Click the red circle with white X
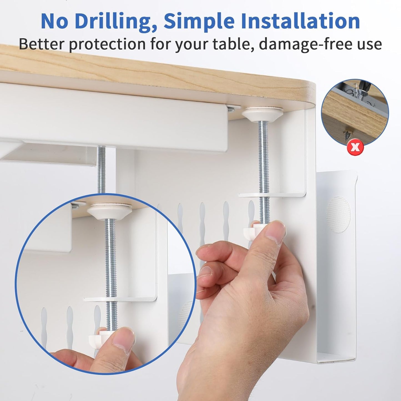pos(355,147)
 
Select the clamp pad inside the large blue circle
pos(110,210)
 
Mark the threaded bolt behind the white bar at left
pos(101,169)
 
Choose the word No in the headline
pos(54,21)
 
